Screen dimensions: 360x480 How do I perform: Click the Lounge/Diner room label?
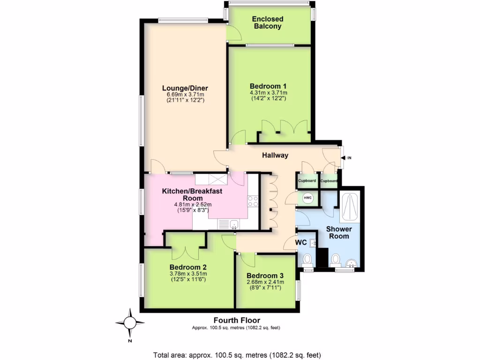(185, 88)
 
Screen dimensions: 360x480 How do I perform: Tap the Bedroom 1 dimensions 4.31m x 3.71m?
(268, 93)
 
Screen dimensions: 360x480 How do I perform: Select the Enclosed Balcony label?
(268, 22)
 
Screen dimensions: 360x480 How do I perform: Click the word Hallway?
(275, 155)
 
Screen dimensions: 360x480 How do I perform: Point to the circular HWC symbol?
(308, 198)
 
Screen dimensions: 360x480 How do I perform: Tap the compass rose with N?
(130, 323)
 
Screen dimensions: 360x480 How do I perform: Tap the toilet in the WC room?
(307, 259)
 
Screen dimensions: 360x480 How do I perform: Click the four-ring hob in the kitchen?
(253, 201)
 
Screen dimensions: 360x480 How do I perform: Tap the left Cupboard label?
(307, 181)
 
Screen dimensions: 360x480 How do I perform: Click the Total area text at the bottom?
(237, 355)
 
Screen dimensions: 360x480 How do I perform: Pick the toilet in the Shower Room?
(336, 260)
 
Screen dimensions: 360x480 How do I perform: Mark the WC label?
(301, 243)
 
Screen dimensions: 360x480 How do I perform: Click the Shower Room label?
(338, 232)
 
